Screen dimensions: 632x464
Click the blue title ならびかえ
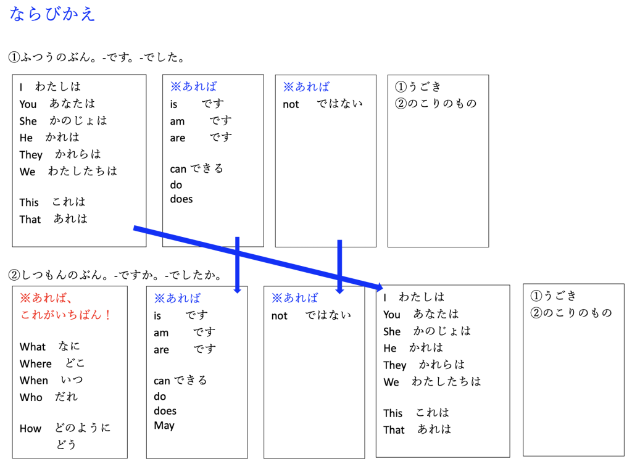click(x=52, y=14)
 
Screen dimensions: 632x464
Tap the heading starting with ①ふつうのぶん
click(x=96, y=57)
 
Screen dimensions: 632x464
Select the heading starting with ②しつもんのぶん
click(x=115, y=275)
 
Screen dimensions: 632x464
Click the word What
click(x=33, y=347)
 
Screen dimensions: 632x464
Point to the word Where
click(x=35, y=363)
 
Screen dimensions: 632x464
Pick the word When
click(x=34, y=381)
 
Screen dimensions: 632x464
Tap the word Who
click(x=31, y=397)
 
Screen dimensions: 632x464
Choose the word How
click(x=31, y=429)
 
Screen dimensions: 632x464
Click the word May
click(x=164, y=426)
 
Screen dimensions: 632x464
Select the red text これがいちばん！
click(x=66, y=315)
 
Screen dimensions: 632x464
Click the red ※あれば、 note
click(x=46, y=298)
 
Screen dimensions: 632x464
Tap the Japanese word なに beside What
click(x=69, y=346)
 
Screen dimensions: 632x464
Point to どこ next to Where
click(x=75, y=363)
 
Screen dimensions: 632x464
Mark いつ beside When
click(x=72, y=380)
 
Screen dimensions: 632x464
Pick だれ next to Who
click(x=66, y=397)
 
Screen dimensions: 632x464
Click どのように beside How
click(x=83, y=428)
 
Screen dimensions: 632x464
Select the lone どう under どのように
click(x=66, y=445)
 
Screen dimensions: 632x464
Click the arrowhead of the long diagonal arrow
click(x=380, y=287)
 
